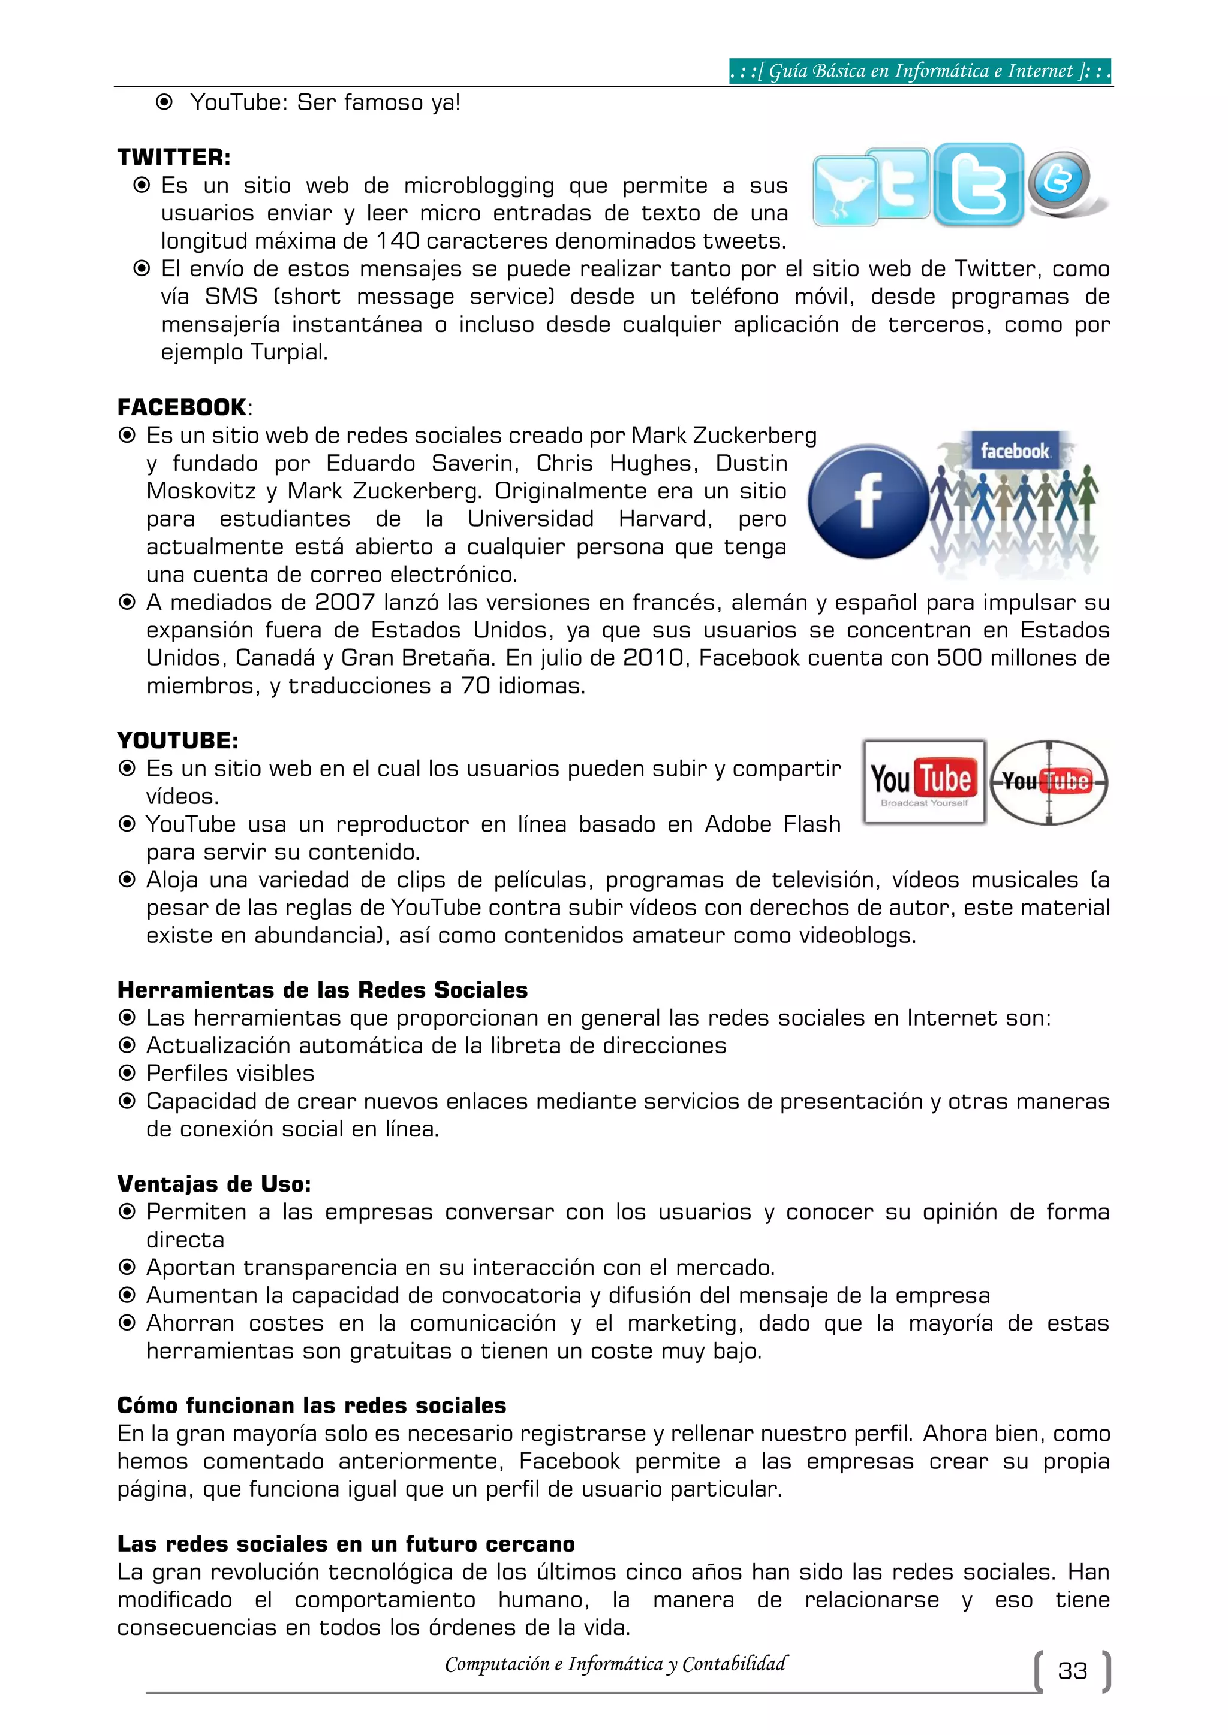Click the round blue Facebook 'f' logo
868,501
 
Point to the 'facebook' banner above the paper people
1014,451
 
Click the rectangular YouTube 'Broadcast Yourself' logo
924,781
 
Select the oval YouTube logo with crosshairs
1049,781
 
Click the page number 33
1072,1671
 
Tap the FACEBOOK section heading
182,407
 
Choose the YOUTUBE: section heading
177,740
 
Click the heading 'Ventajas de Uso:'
214,1183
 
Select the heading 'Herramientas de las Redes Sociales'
322,989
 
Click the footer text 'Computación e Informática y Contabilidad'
616,1664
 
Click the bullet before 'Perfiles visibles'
127,1073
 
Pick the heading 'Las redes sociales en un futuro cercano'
345,1544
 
